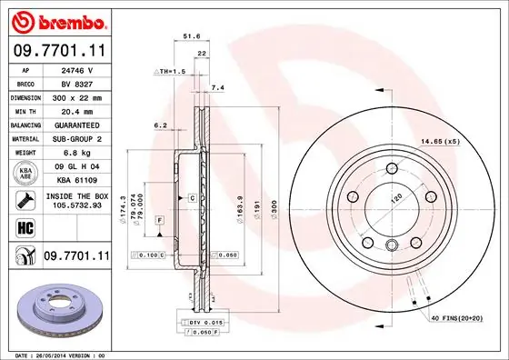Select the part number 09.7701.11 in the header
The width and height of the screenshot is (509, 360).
pos(58,51)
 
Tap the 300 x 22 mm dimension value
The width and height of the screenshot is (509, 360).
pos(77,95)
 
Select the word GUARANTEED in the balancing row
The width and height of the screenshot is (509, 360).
pos(77,124)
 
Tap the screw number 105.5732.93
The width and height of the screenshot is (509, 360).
pos(77,205)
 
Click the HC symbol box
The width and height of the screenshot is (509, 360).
pos(25,228)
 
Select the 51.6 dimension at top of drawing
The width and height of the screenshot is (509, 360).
pos(192,37)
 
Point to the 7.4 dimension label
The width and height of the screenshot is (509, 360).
pos(216,88)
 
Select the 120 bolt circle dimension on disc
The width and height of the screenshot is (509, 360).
pos(395,197)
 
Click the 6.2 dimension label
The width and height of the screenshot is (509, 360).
pos(160,125)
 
